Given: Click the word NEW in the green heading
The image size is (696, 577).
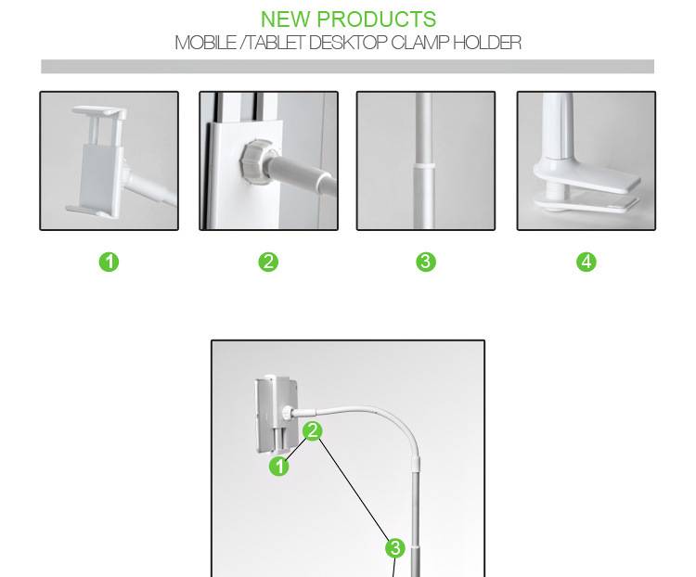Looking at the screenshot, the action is (x=285, y=19).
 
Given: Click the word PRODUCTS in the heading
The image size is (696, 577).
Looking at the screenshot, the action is (x=377, y=19).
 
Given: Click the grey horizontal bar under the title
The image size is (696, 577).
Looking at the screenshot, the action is (x=348, y=67).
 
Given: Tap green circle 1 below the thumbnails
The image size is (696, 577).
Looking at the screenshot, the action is (x=109, y=262).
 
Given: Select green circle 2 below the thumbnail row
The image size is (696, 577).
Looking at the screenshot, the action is (x=268, y=262).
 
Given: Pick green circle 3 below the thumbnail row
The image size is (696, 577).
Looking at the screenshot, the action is (x=426, y=262).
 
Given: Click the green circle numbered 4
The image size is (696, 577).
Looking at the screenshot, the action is (x=586, y=262).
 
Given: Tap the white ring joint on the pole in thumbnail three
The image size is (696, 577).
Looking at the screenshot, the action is (x=425, y=166).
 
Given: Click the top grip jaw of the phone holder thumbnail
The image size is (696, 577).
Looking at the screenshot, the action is (x=99, y=111).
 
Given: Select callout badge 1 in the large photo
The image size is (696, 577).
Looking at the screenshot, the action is (x=279, y=467).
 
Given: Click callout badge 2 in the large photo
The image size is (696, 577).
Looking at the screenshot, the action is (x=313, y=430).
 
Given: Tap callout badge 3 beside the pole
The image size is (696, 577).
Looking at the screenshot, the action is (x=395, y=548).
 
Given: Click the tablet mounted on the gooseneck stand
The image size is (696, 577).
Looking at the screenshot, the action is (x=277, y=415).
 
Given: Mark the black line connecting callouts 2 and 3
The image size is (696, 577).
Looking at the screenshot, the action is (x=354, y=490).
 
